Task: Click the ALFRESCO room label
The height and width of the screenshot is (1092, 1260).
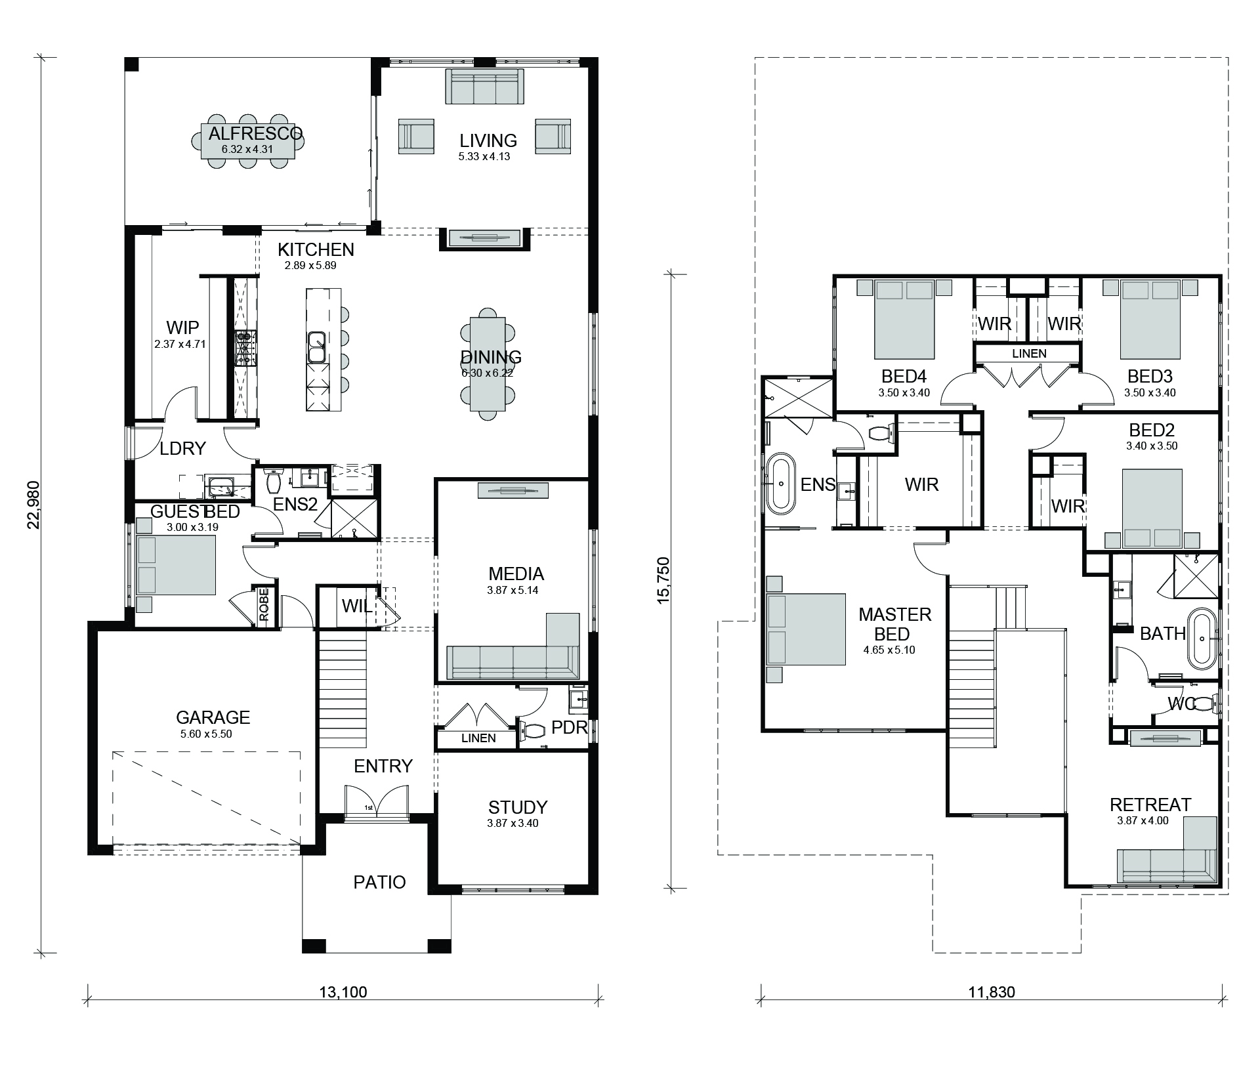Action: tap(256, 134)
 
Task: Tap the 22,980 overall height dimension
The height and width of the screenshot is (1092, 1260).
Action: tap(34, 505)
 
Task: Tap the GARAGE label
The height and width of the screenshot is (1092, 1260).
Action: tap(213, 717)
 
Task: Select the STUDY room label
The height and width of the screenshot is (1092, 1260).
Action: tap(518, 807)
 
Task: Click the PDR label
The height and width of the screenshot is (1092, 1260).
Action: tap(570, 727)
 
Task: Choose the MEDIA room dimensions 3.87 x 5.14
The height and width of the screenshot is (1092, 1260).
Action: tap(513, 590)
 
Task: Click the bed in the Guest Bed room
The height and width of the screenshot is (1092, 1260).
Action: tap(176, 565)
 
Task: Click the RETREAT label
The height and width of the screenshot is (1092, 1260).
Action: tap(1150, 805)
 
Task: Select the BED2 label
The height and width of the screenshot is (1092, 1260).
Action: tap(1152, 430)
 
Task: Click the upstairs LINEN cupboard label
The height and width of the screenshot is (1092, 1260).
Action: tap(1029, 353)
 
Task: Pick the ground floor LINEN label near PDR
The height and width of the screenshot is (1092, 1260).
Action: tap(478, 738)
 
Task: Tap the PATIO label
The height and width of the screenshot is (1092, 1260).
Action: tap(379, 882)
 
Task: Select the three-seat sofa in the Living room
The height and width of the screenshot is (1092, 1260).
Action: tap(485, 86)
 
